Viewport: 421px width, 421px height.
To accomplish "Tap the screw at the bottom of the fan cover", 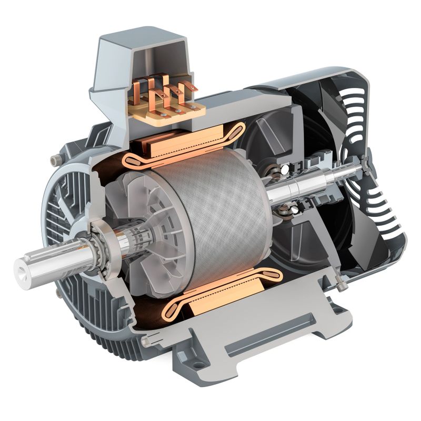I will (x=343, y=286).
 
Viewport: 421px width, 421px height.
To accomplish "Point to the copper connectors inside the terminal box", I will (x=163, y=89).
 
